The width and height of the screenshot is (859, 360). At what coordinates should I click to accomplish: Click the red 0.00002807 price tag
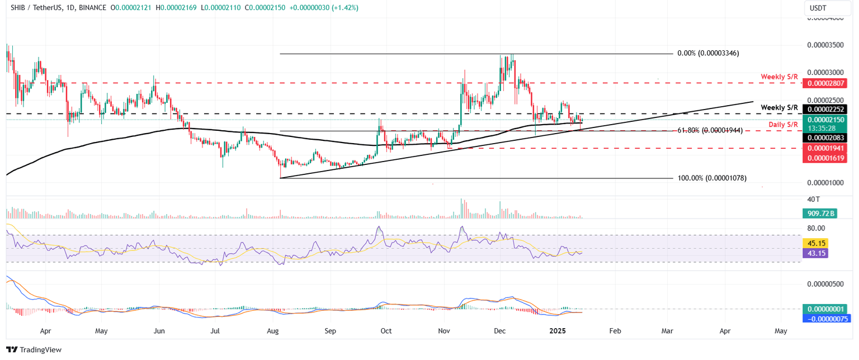coord(824,83)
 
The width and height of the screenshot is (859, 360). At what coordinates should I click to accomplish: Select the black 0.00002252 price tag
coord(824,110)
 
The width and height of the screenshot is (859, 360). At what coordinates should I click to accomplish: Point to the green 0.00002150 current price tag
coord(824,119)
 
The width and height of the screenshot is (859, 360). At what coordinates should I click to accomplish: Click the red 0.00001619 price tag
coord(824,158)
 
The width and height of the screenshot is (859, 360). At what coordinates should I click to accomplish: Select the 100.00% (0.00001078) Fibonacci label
coord(712,178)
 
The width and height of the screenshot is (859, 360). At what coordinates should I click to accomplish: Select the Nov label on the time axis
coord(444,331)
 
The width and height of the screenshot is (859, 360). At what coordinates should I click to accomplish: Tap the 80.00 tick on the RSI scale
coord(816,228)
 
